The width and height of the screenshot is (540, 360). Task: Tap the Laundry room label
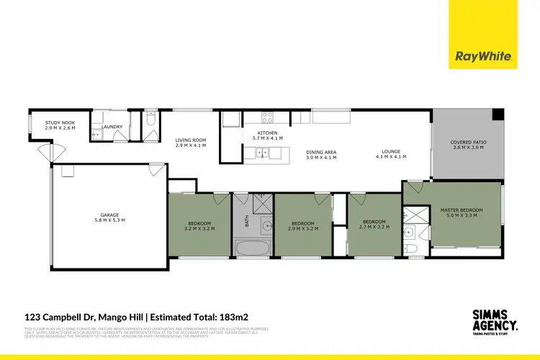(x=112, y=127)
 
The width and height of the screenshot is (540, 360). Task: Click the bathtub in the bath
(x=252, y=248)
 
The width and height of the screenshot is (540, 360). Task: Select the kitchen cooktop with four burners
(x=269, y=117)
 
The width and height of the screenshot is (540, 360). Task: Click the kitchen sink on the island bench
(x=260, y=152)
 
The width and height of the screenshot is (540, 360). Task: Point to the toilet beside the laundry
(x=150, y=123)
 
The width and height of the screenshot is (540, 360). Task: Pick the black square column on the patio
(x=497, y=115)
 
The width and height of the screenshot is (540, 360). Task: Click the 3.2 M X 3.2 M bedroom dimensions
(x=199, y=230)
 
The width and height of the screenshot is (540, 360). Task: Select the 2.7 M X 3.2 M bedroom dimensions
(x=374, y=227)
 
